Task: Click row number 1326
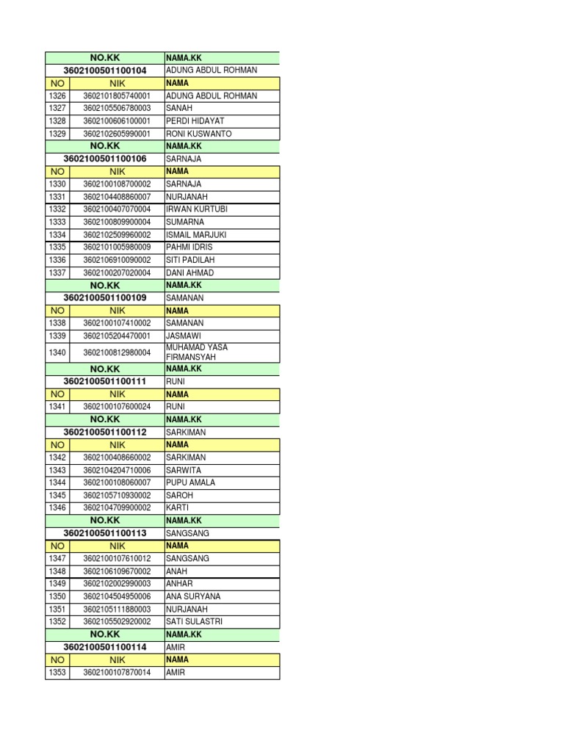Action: [x=57, y=95]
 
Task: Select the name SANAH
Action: [x=178, y=108]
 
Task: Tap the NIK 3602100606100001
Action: [x=117, y=120]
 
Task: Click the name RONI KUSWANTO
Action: [x=199, y=134]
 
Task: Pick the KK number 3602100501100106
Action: [x=105, y=159]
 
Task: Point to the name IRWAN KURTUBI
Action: [x=197, y=209]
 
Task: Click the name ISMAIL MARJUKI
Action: [x=197, y=235]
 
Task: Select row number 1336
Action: [x=57, y=260]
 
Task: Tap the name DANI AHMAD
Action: [x=190, y=272]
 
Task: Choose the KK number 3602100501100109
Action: [x=105, y=298]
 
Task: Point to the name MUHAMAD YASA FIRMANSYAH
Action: [x=197, y=352]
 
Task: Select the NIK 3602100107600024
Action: [x=117, y=407]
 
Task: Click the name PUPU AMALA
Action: [x=191, y=482]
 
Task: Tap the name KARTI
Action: [x=177, y=507]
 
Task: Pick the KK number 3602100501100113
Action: [x=105, y=533]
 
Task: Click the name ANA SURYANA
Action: [x=193, y=596]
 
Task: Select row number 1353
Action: [x=57, y=673]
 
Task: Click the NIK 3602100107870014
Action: [x=117, y=673]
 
